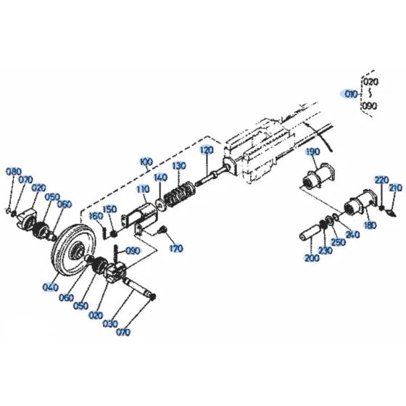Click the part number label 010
350,94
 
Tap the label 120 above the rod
207,149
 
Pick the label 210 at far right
394,188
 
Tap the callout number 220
381,179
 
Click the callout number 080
14,171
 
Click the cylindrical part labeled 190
316,176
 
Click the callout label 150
109,210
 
